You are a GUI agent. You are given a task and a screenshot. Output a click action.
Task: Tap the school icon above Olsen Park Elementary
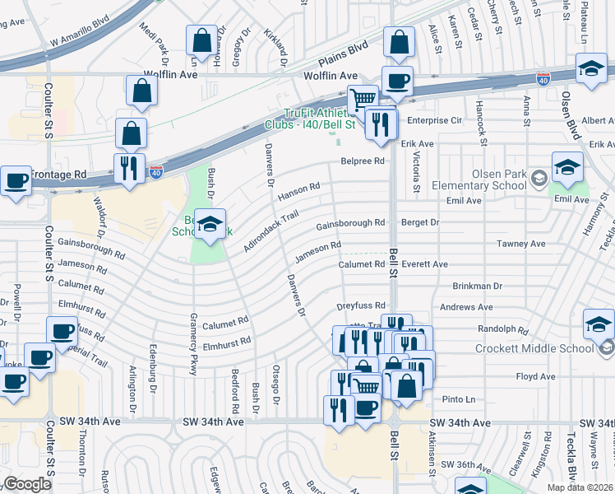pos(567,168)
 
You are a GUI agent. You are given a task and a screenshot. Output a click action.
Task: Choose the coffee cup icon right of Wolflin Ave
pos(397,81)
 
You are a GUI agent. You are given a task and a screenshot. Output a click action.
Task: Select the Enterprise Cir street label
pos(433,120)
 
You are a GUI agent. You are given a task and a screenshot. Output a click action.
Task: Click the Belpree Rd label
pos(363,161)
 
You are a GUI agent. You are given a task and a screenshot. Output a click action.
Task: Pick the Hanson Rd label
pos(298,193)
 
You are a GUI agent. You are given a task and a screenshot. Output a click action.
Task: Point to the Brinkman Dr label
pos(477,286)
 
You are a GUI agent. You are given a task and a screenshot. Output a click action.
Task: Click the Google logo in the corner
pos(27,484)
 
